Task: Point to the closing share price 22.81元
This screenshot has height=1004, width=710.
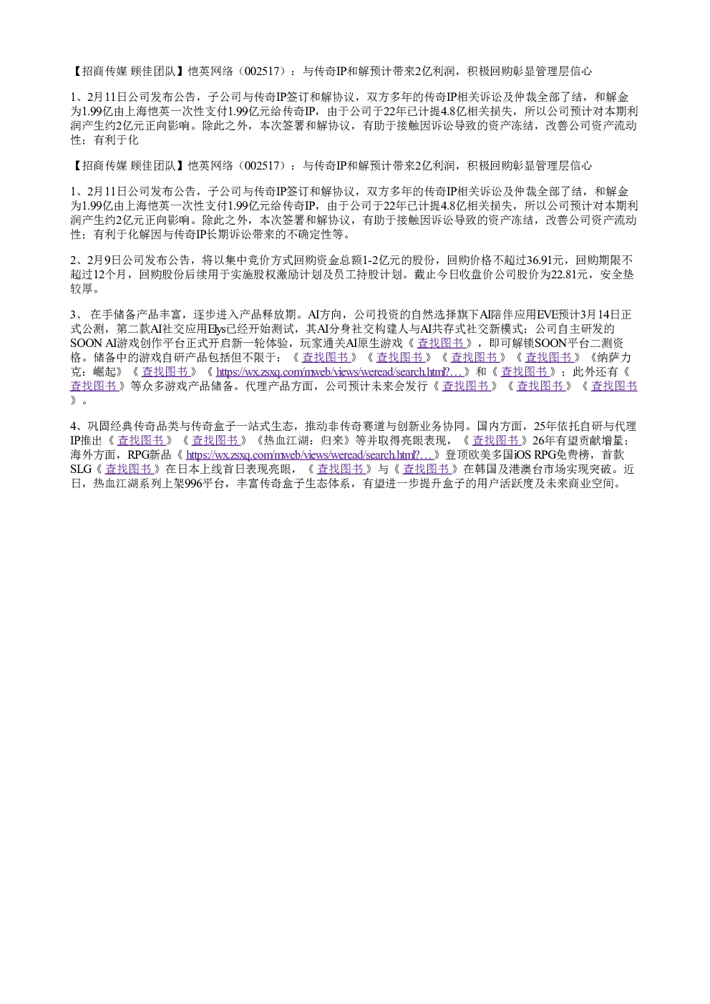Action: pyautogui.click(x=569, y=275)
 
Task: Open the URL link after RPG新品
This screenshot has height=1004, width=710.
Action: pyautogui.click(x=309, y=455)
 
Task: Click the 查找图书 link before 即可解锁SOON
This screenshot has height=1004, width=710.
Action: pyautogui.click(x=440, y=343)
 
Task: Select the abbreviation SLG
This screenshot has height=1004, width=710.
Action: pyautogui.click(x=81, y=469)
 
